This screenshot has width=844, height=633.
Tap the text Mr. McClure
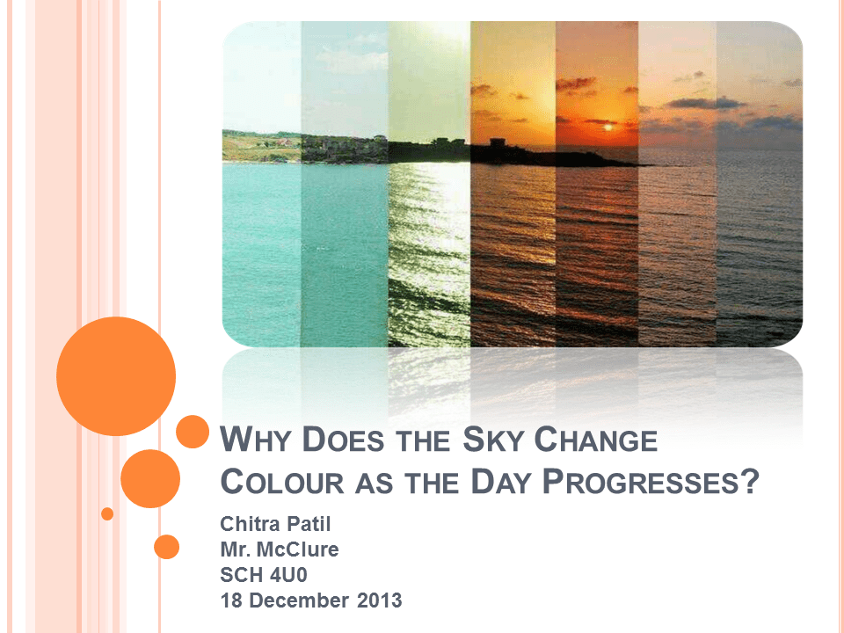[x=279, y=550]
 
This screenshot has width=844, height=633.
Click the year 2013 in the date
[x=380, y=601]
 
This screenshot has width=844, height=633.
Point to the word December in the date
[x=301, y=601]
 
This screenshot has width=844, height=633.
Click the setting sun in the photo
[x=607, y=128]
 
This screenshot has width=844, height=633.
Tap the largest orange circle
[x=116, y=376]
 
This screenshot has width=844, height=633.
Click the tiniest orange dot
[x=107, y=513]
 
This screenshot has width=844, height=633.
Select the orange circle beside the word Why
[x=192, y=432]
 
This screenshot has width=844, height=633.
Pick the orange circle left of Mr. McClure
[x=166, y=547]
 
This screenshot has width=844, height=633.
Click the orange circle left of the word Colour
[x=149, y=479]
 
